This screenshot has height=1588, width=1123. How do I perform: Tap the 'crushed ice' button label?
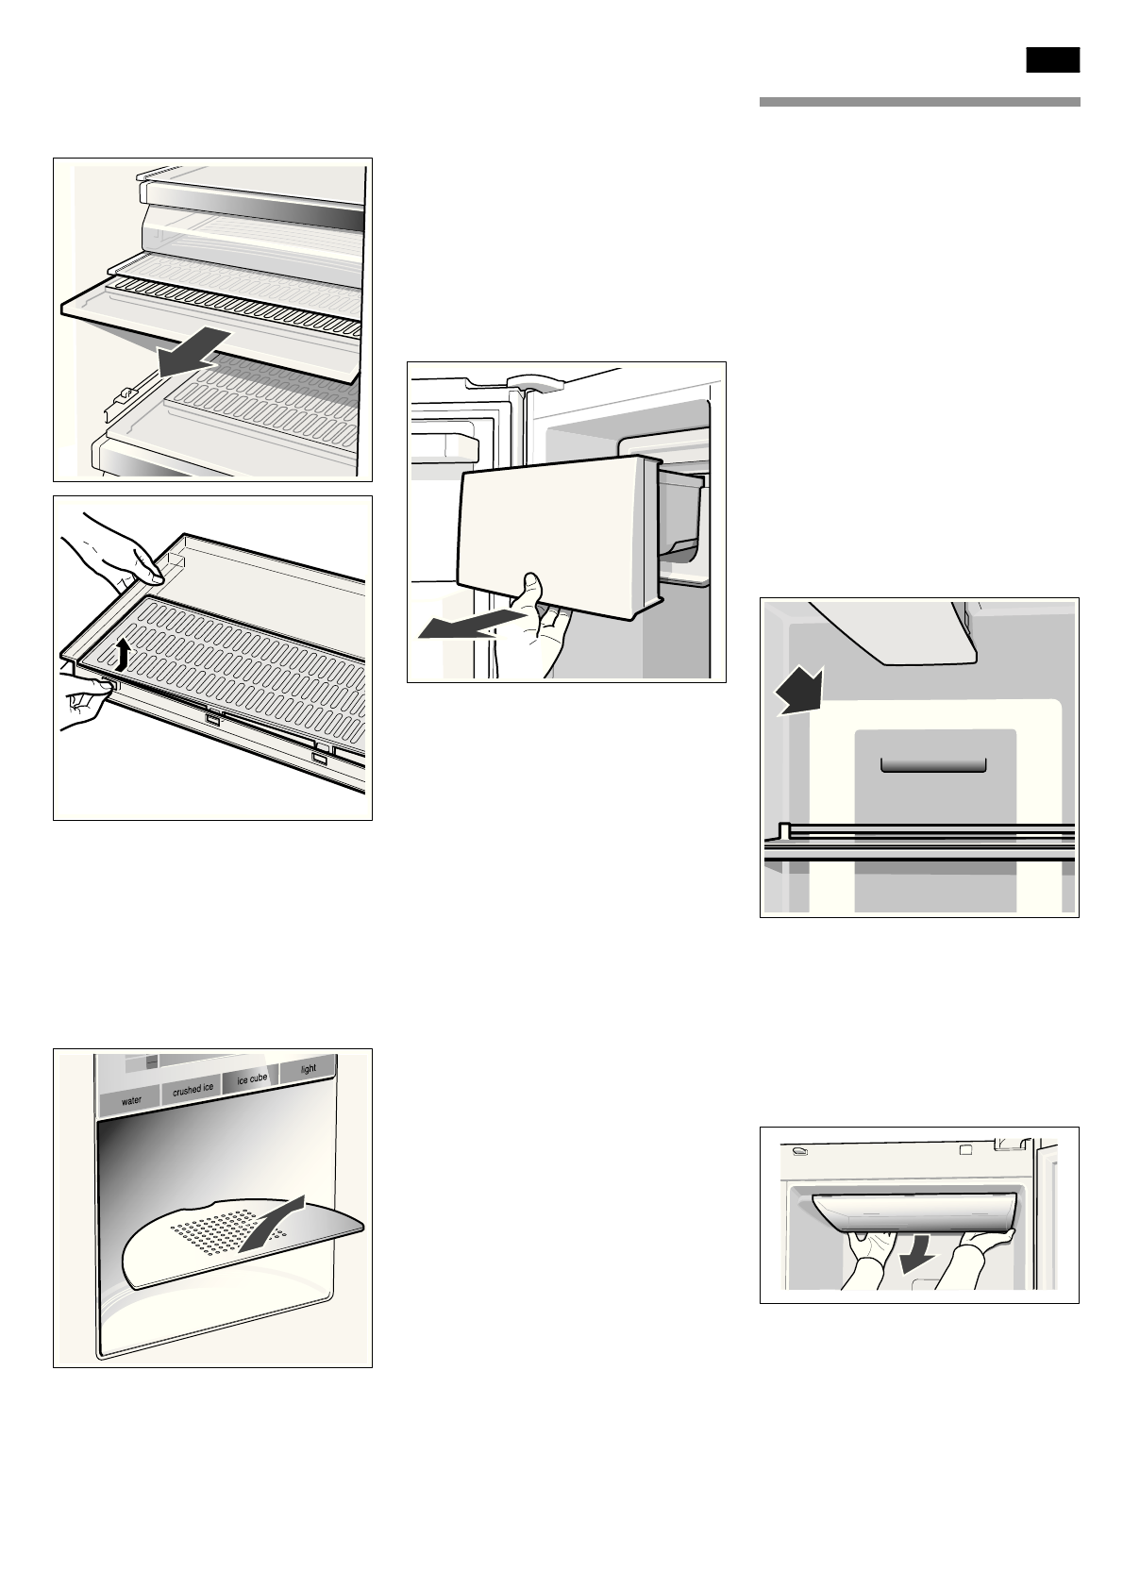tap(193, 1089)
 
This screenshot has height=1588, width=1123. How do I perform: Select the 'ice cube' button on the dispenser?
tap(252, 1078)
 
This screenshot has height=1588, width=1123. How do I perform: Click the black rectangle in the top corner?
tap(1052, 60)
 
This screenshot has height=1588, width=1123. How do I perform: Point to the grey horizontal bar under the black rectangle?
tap(919, 102)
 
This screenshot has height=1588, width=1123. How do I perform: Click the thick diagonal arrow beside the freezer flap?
tap(798, 693)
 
